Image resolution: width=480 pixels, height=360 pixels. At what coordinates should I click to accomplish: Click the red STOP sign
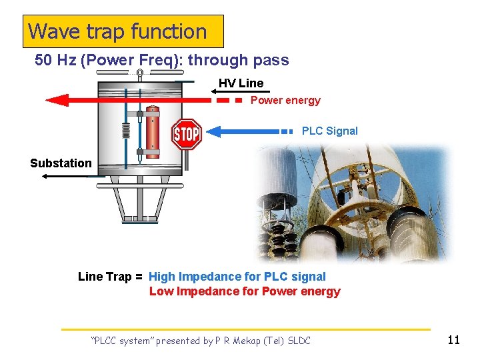[187, 134]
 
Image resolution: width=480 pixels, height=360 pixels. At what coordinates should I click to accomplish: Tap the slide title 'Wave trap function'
[118, 31]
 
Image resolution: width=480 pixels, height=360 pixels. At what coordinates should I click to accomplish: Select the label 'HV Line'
[241, 83]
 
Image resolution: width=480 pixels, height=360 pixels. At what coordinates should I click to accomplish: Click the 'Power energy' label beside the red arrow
[285, 101]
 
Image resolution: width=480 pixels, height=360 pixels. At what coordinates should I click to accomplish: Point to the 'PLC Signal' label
[329, 131]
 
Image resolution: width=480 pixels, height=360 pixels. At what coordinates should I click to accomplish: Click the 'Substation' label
[61, 163]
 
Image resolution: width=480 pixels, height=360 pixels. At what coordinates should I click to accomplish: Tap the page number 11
[453, 340]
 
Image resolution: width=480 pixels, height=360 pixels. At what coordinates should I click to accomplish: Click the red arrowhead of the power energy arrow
[57, 101]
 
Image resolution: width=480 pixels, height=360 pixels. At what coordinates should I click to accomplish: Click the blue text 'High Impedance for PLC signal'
[237, 277]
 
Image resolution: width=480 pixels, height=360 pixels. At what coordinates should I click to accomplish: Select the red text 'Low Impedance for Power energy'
[245, 291]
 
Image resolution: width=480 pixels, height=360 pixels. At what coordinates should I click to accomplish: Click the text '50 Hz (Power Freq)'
[109, 60]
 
